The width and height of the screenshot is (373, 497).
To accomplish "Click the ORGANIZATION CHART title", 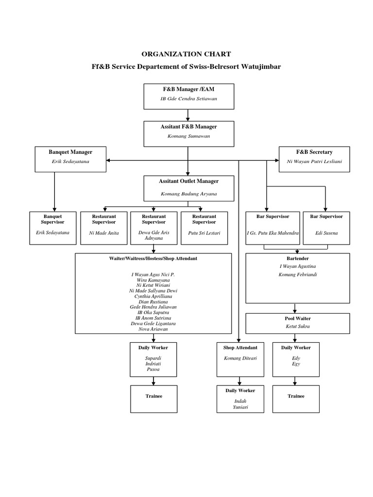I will click(186, 54).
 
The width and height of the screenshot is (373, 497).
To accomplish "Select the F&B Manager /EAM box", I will click(188, 96).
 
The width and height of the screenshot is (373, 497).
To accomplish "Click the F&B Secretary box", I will click(314, 159).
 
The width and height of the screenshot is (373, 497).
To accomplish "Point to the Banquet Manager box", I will click(70, 159).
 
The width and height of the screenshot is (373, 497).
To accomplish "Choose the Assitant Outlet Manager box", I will click(188, 188).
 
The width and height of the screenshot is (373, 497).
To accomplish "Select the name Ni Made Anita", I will click(104, 233).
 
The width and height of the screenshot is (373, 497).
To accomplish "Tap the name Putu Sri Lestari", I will click(204, 233).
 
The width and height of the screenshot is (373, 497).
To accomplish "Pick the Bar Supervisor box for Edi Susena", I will click(326, 227).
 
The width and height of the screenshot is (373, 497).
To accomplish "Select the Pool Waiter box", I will click(297, 323).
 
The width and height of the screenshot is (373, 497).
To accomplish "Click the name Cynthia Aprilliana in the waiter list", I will click(153, 296).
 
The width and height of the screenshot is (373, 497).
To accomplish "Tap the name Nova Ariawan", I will click(153, 329).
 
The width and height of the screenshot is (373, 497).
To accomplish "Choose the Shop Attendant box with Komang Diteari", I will click(240, 359).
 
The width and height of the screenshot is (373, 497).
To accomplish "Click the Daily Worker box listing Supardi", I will click(153, 359).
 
